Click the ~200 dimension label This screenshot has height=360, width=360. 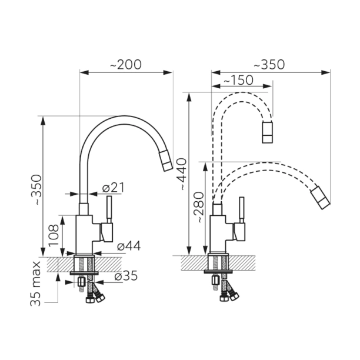coord(126,65)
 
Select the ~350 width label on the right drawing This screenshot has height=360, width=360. coord(269,65)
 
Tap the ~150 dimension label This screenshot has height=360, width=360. coord(238,80)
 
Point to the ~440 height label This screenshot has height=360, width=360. coord(183,174)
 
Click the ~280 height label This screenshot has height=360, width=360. coord(199,207)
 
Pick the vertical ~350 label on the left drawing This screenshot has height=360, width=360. coord(36,189)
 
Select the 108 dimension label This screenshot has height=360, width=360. coord(54,235)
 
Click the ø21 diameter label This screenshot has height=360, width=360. coord(113,188)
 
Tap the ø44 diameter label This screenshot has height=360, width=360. coord(129,246)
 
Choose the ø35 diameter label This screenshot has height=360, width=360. coord(126,276)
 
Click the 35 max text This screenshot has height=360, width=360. coord(35,284)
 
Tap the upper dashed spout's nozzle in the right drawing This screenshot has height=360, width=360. coord(268,132)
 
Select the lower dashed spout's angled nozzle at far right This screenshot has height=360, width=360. coord(321,198)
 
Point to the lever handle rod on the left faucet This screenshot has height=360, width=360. coord(109,209)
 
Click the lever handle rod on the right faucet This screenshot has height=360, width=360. coord(242,209)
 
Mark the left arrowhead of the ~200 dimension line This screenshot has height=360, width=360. coord(84,72)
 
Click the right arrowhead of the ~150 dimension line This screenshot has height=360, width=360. coord(268,86)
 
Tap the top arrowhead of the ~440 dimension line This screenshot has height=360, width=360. coord(189,97)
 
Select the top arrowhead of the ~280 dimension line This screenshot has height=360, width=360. coord(205,166)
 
